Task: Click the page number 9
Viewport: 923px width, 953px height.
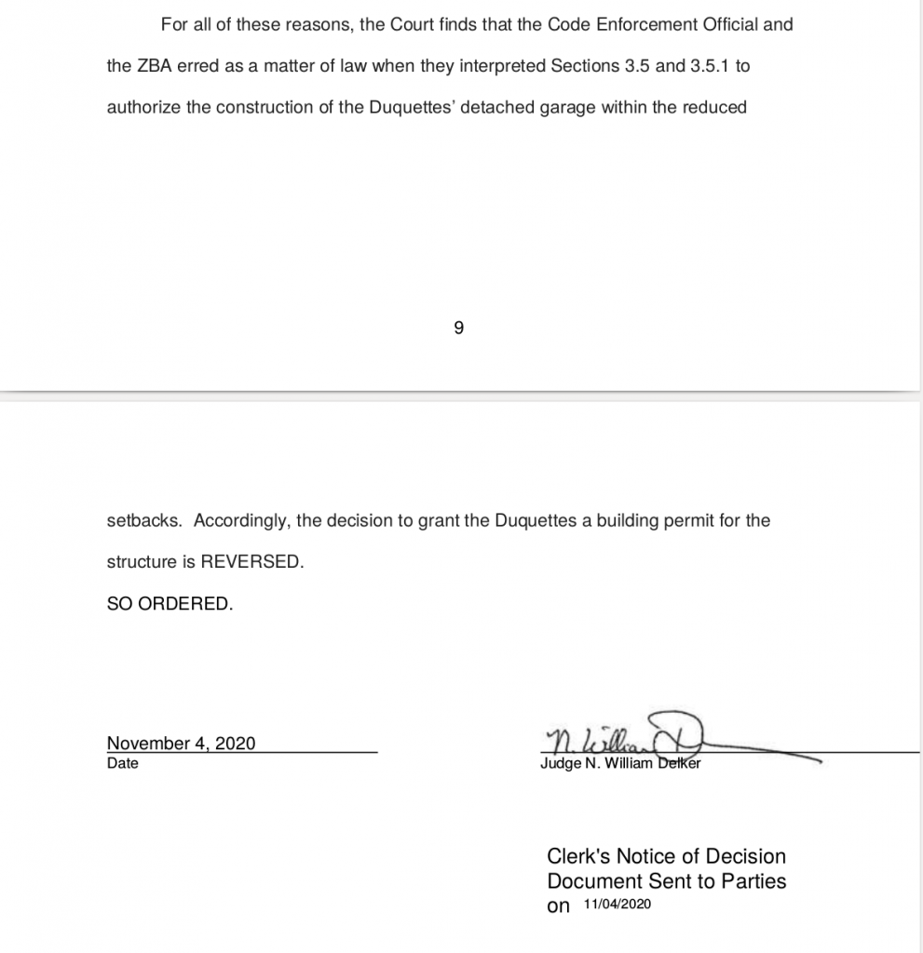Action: click(458, 328)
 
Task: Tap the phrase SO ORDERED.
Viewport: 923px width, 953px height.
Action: click(170, 603)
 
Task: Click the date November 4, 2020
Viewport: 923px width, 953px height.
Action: click(182, 743)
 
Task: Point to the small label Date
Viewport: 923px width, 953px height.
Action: click(122, 763)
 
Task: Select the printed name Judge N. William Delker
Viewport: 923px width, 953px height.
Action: click(620, 764)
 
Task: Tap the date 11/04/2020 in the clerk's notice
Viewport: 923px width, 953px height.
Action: click(618, 905)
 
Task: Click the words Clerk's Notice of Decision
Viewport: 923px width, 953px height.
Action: click(666, 856)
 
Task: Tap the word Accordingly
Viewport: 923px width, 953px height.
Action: click(242, 520)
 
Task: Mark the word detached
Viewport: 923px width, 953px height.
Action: click(498, 107)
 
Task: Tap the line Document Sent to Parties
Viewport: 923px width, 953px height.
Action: click(666, 880)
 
